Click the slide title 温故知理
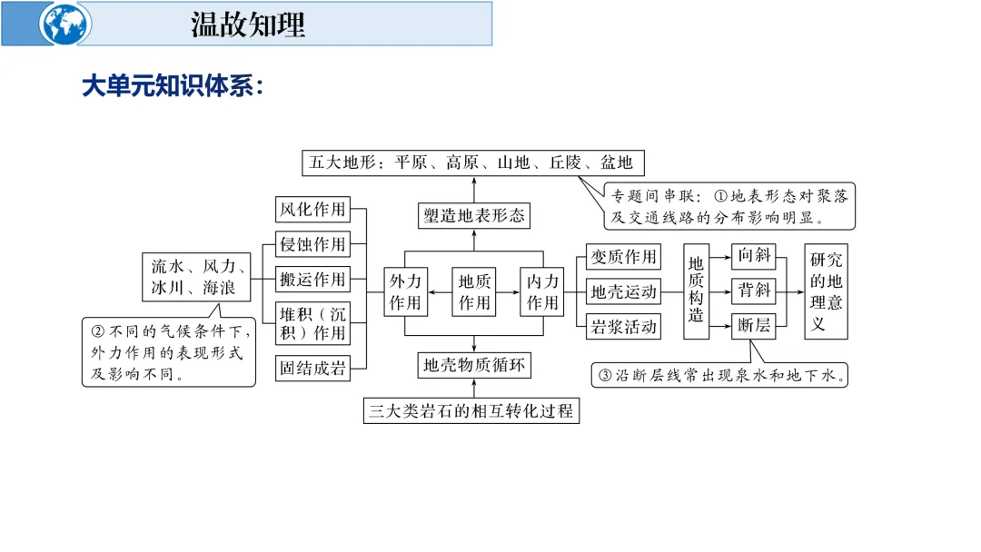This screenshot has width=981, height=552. (248, 25)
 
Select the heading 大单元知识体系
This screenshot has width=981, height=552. (173, 87)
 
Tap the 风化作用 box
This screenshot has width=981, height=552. (312, 210)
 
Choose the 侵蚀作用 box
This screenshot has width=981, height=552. (312, 244)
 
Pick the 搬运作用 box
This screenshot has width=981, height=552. (312, 278)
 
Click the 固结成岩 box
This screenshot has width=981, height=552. (312, 368)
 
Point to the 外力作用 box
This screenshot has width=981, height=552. (404, 291)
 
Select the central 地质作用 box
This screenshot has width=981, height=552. (473, 291)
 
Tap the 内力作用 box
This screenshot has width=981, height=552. (542, 291)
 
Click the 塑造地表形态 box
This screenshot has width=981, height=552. (473, 215)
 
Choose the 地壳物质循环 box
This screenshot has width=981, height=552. (473, 365)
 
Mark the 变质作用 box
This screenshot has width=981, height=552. (623, 257)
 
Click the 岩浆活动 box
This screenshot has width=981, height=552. (623, 327)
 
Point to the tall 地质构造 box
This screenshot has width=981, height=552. (696, 291)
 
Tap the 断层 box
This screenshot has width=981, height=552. (754, 325)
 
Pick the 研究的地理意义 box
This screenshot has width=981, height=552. (826, 291)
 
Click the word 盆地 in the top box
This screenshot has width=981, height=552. (615, 163)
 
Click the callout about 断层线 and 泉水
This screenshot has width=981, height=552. (720, 374)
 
